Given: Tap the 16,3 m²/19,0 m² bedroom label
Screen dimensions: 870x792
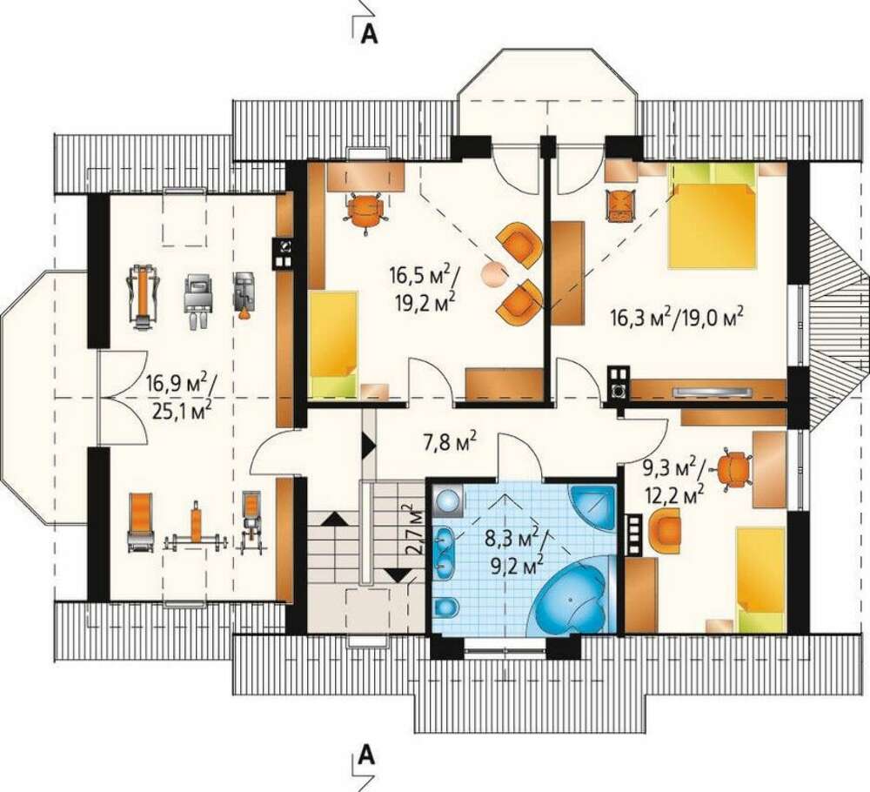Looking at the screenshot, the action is [x=676, y=319].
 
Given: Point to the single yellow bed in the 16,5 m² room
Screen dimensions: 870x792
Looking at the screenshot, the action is [x=332, y=345].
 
